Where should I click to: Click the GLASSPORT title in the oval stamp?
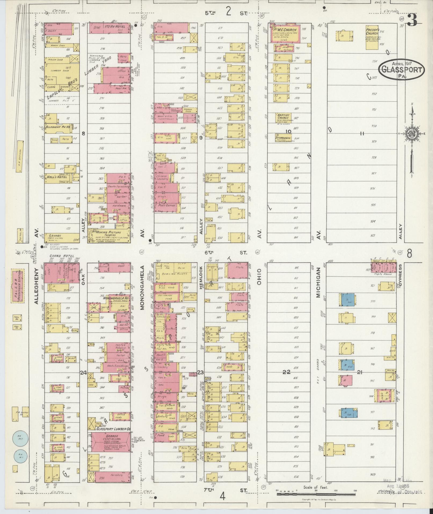click(x=402, y=70)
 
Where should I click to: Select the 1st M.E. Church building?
click(x=285, y=34)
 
